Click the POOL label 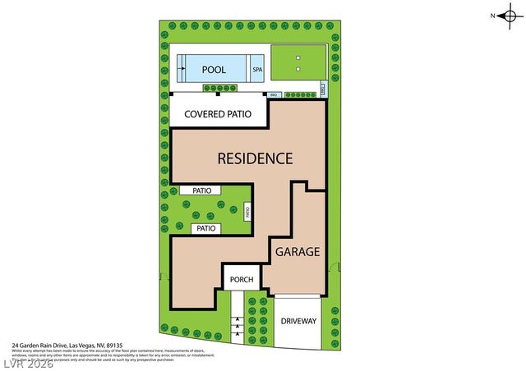214,69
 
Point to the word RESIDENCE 254,158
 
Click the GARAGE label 297,252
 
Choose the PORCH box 242,279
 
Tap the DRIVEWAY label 298,321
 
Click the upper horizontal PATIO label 202,190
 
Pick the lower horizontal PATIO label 205,228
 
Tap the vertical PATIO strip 247,212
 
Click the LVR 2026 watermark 26,362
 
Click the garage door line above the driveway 298,294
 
